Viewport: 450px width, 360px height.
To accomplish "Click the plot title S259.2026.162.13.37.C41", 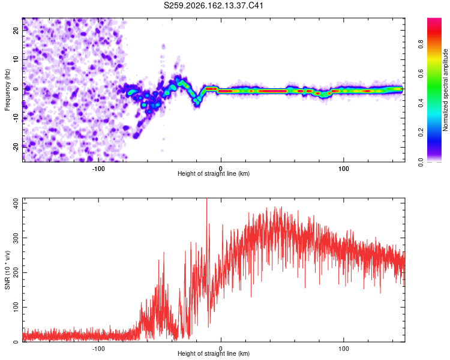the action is click(213, 5).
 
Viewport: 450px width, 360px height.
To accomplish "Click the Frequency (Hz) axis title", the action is click(7, 89).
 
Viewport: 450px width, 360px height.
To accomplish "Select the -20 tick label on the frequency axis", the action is click(16, 147).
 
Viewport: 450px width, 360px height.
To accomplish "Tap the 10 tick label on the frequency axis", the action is click(16, 59).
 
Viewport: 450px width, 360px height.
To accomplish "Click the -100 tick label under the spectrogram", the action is click(98, 169).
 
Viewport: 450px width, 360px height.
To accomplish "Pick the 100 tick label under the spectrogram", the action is click(343, 169).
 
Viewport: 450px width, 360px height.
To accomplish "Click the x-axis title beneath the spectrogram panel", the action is click(214, 173).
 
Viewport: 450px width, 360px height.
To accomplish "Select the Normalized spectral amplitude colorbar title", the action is click(445, 90).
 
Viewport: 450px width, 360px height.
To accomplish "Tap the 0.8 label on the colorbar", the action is click(421, 44).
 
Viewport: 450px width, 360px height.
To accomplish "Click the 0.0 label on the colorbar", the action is click(421, 162).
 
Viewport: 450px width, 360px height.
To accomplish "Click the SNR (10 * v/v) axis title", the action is click(7, 270).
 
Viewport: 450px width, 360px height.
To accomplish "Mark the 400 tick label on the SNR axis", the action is click(16, 203).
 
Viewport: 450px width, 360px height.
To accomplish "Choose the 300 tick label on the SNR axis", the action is click(16, 238).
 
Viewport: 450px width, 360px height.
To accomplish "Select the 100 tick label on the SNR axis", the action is click(16, 307).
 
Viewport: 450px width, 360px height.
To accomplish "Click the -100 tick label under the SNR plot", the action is click(98, 349).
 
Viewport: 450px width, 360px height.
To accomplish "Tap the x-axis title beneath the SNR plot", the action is click(214, 353).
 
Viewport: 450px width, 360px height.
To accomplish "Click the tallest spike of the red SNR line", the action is click(207, 199).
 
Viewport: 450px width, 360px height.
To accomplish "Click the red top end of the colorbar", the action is click(434, 19).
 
